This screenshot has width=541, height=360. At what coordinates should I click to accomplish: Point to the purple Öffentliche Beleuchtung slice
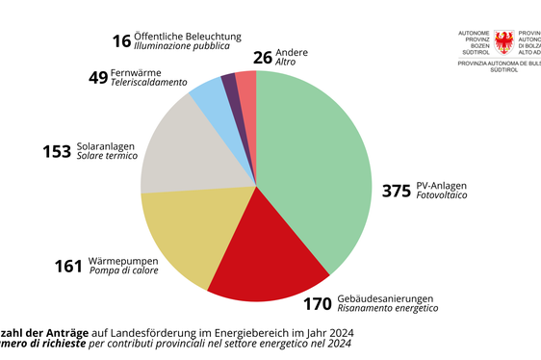[x=230, y=85]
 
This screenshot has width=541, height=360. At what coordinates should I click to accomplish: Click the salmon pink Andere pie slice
[x=246, y=83]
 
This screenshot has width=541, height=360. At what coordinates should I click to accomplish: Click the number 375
[x=396, y=190]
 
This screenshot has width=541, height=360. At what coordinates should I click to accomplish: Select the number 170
[x=318, y=304]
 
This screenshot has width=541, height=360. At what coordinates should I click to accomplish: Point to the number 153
[x=58, y=151]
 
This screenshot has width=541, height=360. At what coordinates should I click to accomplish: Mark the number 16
[x=120, y=40]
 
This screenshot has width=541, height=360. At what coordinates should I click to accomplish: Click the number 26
[x=261, y=57]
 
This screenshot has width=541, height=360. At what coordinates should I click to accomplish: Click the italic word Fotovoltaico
[x=442, y=195]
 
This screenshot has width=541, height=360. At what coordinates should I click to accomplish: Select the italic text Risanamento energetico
[x=387, y=309]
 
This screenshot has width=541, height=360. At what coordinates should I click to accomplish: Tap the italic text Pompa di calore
[x=123, y=270]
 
